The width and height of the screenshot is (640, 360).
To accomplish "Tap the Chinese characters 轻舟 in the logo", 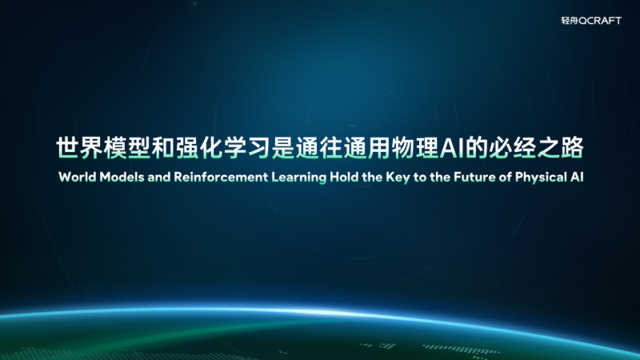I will (571, 20).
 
